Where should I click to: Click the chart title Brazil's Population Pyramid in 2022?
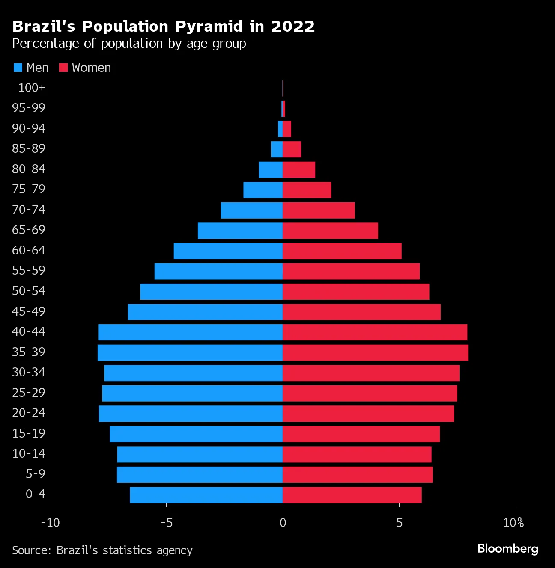coord(163,27)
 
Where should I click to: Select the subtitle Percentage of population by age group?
coord(129,44)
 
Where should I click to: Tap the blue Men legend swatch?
coord(18,68)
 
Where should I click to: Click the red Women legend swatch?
coord(63,68)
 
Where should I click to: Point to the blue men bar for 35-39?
coord(190,352)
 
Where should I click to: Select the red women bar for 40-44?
coord(375,332)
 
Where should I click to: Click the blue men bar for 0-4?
coord(206,495)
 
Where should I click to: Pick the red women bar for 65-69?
coord(330,231)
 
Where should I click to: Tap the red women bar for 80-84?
coord(299,169)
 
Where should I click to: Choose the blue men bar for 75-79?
coord(263,190)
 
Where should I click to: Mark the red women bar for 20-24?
coord(368,414)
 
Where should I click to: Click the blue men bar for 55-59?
coord(218,271)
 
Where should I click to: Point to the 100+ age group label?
coord(31,88)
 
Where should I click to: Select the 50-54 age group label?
coord(29,291)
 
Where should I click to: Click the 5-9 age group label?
coord(35,474)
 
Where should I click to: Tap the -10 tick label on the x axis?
coord(50,523)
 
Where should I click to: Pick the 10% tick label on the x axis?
coord(513,523)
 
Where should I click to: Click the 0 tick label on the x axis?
coord(283,523)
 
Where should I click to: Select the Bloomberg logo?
coord(507,549)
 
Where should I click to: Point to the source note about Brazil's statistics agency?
coord(102,550)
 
